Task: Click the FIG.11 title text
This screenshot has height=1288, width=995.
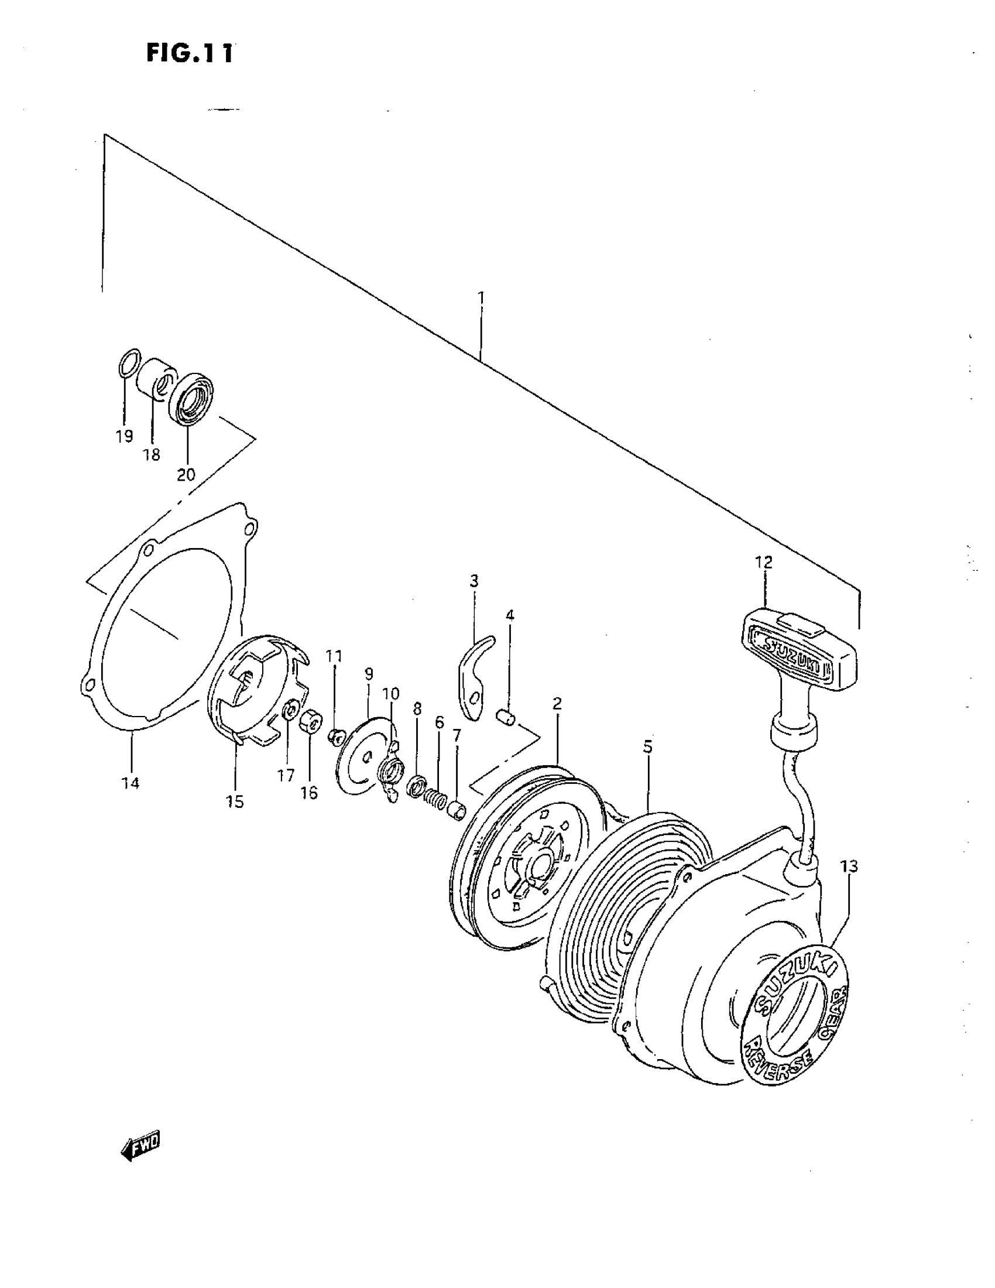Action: pyautogui.click(x=189, y=53)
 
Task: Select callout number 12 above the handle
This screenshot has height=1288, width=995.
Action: pyautogui.click(x=763, y=562)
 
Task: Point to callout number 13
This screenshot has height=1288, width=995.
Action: pyautogui.click(x=849, y=866)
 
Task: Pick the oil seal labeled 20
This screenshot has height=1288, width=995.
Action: pyautogui.click(x=191, y=398)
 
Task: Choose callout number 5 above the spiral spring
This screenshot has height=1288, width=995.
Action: pyautogui.click(x=648, y=747)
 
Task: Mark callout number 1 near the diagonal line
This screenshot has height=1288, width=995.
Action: pyautogui.click(x=481, y=297)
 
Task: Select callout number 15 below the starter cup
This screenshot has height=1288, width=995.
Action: pyautogui.click(x=235, y=801)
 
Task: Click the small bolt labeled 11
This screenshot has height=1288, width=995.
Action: pyautogui.click(x=336, y=735)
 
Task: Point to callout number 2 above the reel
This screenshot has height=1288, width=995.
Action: pyautogui.click(x=557, y=704)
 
